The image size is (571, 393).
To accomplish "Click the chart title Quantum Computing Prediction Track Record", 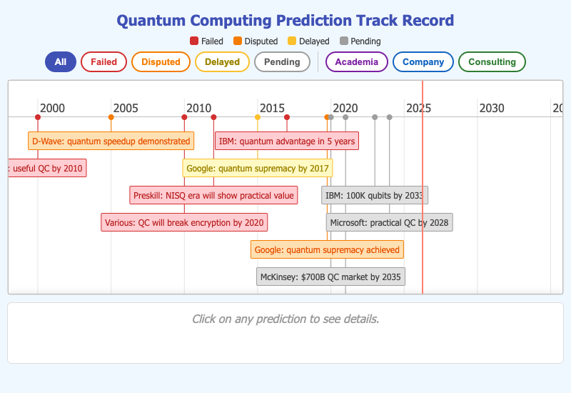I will pos(285,21).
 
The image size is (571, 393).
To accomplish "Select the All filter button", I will pos(61,62).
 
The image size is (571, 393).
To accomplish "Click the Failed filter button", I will pos(103,62).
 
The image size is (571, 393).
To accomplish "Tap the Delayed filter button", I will pos(222,62).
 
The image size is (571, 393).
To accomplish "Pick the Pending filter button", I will pos(282,62).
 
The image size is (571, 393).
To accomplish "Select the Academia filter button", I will pos(356,62).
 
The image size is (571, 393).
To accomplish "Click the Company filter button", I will pos(423,62).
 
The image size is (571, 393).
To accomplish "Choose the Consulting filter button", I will pos(492,62).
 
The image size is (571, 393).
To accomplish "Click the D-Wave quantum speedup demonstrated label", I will pos(111,141).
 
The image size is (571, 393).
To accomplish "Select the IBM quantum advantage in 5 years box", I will pos(286,141).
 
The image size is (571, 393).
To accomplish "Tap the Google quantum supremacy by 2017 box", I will pos(257,169).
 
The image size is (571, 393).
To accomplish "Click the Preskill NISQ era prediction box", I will pos(213,195).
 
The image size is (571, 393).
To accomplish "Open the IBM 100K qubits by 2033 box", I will pos(374,195).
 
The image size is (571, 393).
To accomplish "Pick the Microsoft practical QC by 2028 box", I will pos(389,222).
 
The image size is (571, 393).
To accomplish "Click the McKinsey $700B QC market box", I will pos(330,277).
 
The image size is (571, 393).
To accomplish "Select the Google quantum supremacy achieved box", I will pos(328,249).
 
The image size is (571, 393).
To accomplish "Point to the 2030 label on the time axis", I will pos(491,108).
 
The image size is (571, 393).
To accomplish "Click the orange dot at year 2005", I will pos(111,117).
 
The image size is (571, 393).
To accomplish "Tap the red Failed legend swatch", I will pos(194,41).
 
